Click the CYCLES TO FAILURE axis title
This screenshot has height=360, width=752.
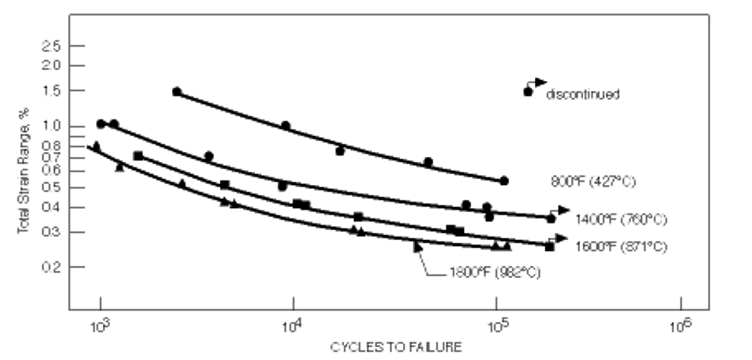tap(396, 347)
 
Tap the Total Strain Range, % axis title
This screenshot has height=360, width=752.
tap(23, 171)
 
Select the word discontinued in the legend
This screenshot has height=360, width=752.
tap(583, 94)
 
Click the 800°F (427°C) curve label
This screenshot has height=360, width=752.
tap(593, 182)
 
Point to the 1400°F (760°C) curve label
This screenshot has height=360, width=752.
tap(621, 219)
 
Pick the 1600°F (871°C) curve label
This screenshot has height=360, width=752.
tap(621, 247)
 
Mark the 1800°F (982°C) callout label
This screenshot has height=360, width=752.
tap(494, 272)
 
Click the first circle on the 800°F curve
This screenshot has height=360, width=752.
tap(177, 92)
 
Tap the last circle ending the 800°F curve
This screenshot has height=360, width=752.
tap(504, 181)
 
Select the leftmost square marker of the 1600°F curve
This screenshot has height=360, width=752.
tap(138, 156)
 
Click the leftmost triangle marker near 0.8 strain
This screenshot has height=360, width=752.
tap(96, 145)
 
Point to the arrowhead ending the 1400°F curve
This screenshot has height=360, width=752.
tap(564, 210)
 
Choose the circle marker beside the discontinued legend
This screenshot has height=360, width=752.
tap(528, 92)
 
